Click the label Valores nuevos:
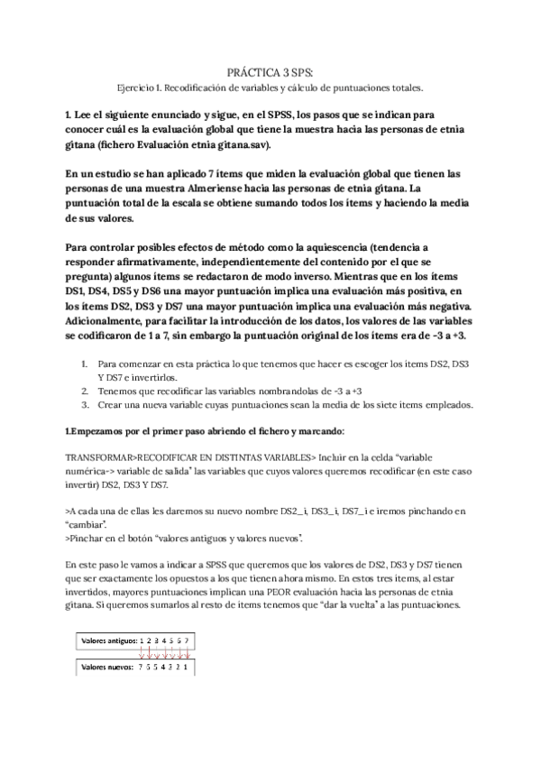pyautogui.click(x=104, y=668)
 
